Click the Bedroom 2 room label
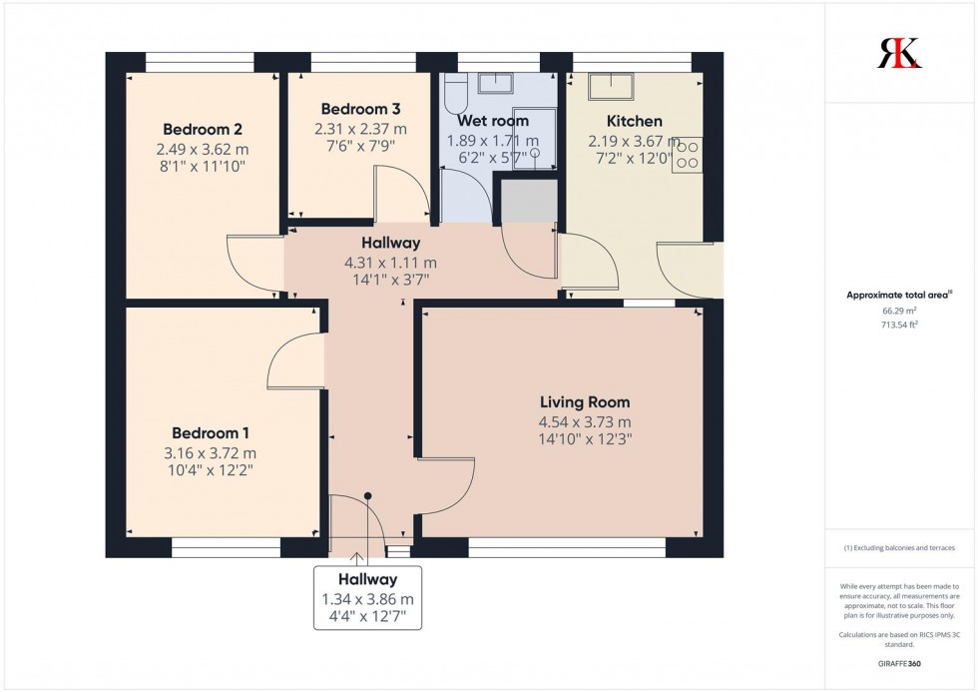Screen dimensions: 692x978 (203, 130)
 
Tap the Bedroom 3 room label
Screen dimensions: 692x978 (360, 109)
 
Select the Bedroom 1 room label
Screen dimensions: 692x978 (210, 433)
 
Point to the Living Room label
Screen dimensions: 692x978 (584, 402)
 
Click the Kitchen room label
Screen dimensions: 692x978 (634, 122)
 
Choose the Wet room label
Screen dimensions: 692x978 (492, 121)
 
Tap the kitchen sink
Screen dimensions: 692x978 (610, 88)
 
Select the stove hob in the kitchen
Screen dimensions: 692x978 (688, 154)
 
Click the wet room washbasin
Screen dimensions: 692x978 (495, 83)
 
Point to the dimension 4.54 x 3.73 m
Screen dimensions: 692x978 (584, 420)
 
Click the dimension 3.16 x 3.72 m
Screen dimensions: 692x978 (210, 453)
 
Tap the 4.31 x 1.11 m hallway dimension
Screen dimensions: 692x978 (390, 263)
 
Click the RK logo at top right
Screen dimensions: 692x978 (899, 53)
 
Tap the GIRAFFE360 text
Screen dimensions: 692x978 (900, 662)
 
